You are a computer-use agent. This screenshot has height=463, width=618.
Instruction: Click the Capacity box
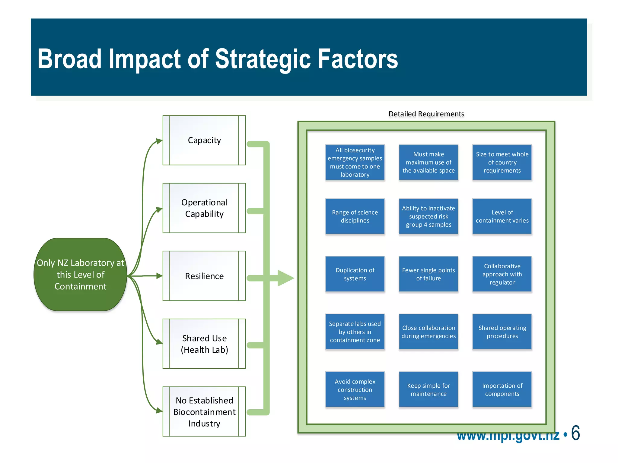click(x=204, y=140)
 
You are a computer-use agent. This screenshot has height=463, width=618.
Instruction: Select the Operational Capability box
click(x=204, y=208)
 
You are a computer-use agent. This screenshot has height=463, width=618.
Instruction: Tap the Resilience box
click(x=204, y=276)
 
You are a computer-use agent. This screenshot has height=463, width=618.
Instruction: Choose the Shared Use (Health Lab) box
click(x=204, y=344)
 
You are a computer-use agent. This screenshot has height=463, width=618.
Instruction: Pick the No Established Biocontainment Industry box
click(x=204, y=411)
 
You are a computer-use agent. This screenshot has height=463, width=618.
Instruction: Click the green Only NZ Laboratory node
click(x=80, y=275)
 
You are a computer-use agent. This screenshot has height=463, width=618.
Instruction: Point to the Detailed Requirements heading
click(x=426, y=114)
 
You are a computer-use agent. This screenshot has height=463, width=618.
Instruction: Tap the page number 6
click(x=575, y=433)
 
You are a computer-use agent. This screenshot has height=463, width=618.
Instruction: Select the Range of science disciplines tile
click(x=355, y=216)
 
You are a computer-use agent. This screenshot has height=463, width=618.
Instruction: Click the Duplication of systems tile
click(x=355, y=274)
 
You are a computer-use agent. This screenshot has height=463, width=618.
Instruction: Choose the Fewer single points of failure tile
click(x=428, y=274)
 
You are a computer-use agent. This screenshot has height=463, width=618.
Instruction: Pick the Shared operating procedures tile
click(x=502, y=332)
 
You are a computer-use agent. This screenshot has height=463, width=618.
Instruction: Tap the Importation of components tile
click(x=502, y=389)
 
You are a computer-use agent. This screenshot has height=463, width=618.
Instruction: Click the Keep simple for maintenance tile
click(x=428, y=389)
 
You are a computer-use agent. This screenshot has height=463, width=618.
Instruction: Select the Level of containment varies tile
click(x=502, y=216)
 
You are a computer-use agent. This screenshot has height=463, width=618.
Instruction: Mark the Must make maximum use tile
click(x=428, y=162)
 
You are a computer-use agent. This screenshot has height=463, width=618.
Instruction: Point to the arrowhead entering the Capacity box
click(x=159, y=141)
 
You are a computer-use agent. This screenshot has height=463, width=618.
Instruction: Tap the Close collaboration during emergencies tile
click(x=428, y=332)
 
